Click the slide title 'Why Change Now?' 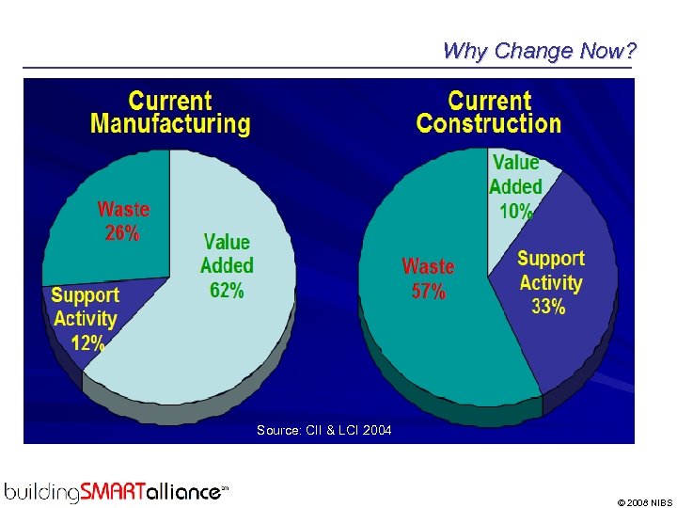coord(539,51)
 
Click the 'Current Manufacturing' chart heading coord(170,112)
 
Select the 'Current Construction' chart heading coord(488,112)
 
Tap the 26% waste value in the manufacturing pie coord(122,232)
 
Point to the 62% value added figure coord(227,290)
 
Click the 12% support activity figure coord(87,343)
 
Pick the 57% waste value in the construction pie coord(428,292)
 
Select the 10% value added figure coord(516,212)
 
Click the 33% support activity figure coord(548,307)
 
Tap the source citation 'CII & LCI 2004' coord(324,430)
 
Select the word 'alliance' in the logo coord(184,490)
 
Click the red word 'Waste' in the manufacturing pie coord(123,208)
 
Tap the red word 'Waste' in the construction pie coord(428,267)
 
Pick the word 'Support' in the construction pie coord(551,259)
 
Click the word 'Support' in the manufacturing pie coord(85,295)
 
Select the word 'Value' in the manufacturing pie coord(227,243)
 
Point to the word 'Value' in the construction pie coord(516,163)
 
